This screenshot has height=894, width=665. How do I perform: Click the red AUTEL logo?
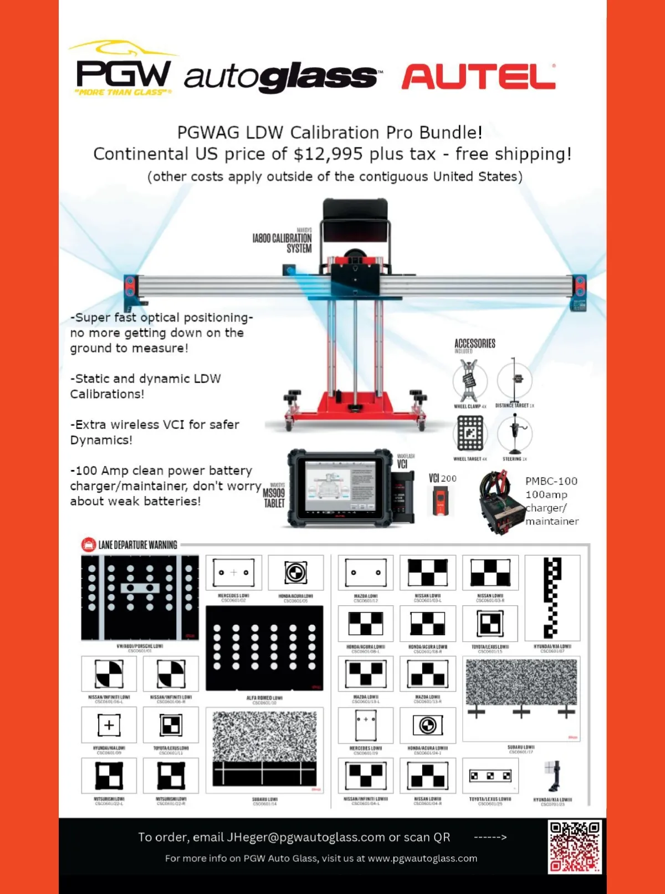tap(479, 76)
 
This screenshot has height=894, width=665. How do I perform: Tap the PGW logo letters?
tap(123, 73)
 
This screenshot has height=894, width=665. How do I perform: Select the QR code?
tap(575, 846)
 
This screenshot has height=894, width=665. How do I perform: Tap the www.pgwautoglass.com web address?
tap(422, 859)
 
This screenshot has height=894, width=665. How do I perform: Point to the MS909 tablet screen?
tap(339, 486)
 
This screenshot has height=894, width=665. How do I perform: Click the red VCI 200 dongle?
tap(441, 500)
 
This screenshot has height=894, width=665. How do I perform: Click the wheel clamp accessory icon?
tap(469, 381)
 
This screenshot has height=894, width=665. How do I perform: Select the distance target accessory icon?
tap(515, 380)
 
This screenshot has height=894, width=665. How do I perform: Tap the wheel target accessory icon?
tap(470, 433)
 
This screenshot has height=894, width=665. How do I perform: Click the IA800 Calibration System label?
tap(282, 241)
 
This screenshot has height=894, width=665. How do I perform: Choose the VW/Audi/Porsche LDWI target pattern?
tap(140, 597)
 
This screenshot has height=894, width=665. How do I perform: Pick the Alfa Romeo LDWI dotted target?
tap(264, 648)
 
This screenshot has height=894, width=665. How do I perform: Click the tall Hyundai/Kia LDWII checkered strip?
tap(552, 597)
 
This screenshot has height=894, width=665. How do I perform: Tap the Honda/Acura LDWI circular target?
tap(296, 573)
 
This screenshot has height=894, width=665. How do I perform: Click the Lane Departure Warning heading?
tap(137, 545)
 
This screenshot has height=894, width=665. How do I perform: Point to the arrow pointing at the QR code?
tap(490, 837)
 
